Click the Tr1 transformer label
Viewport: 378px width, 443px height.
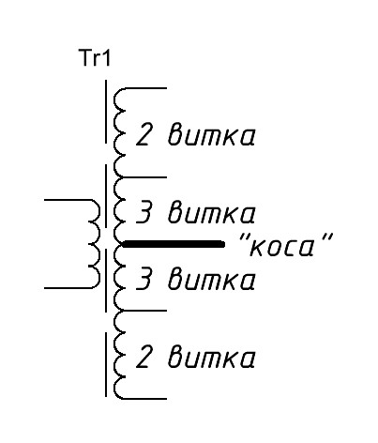(x=95, y=58)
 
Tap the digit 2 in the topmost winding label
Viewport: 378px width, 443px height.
(x=144, y=134)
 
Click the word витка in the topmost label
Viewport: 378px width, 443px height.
(x=212, y=136)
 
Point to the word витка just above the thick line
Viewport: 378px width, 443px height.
(x=212, y=213)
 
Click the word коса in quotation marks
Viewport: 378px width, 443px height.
(x=285, y=244)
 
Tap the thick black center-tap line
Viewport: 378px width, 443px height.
(x=174, y=244)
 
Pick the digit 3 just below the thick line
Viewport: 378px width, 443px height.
(x=144, y=278)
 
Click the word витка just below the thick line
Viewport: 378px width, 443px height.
(x=212, y=280)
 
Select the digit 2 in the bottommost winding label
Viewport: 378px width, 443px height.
(x=144, y=356)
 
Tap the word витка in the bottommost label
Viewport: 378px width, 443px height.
(x=212, y=357)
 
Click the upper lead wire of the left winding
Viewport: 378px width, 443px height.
(x=68, y=199)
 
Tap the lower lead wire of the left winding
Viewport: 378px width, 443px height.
(x=68, y=288)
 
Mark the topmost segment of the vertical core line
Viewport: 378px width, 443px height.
(x=106, y=112)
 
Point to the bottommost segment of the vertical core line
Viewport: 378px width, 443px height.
(x=106, y=364)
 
